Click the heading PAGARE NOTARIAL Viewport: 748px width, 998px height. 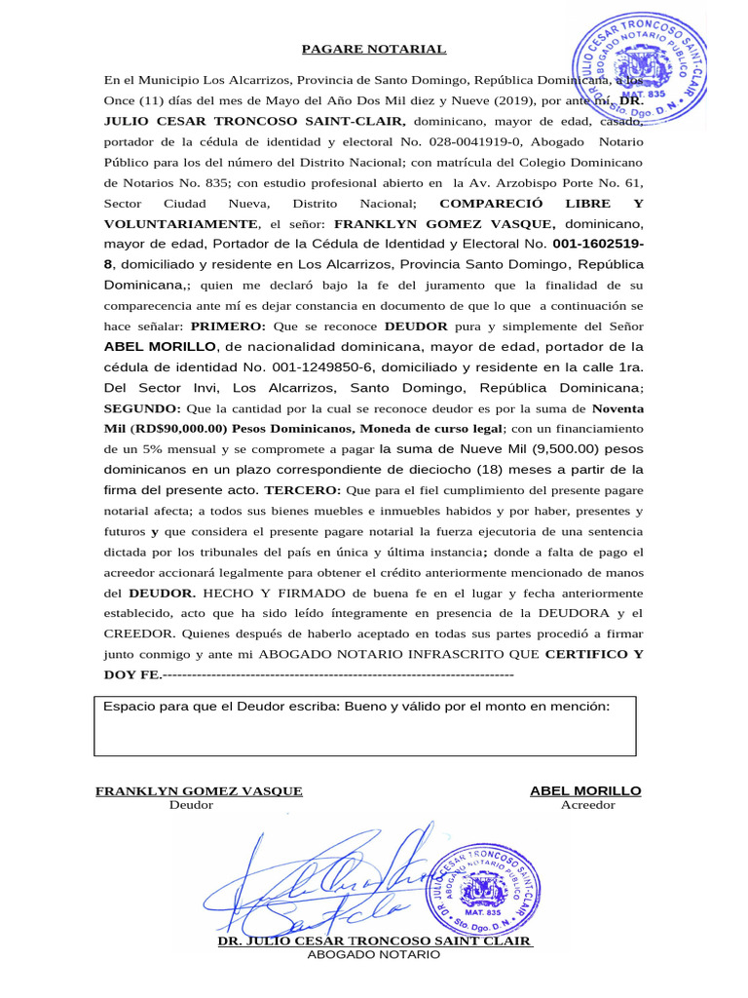[x=373, y=49]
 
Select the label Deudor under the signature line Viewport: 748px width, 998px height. [x=191, y=805]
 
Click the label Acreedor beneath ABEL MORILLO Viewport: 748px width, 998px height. [x=587, y=805]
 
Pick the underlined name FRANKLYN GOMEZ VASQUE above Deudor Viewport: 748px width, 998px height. [x=199, y=790]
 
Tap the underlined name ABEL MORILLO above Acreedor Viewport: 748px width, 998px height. [x=585, y=790]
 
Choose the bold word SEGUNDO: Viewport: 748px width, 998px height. [x=140, y=408]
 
